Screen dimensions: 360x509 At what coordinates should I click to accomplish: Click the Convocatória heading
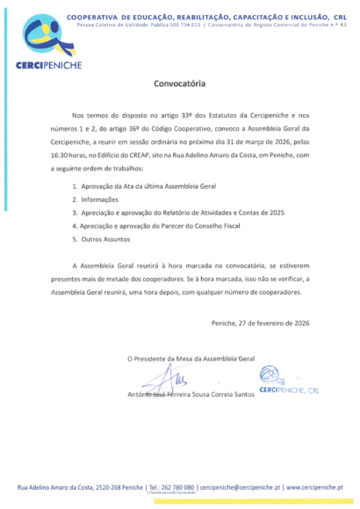[179, 85]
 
